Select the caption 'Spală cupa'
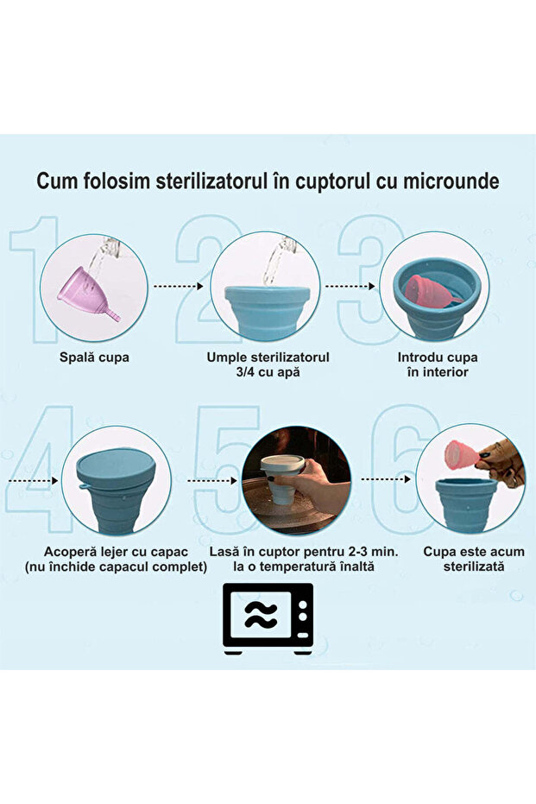tap(96, 357)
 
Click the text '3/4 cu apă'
tap(268, 372)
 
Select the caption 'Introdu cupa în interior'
tap(438, 364)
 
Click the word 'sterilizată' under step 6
tap(473, 567)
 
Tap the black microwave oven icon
tap(268, 617)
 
